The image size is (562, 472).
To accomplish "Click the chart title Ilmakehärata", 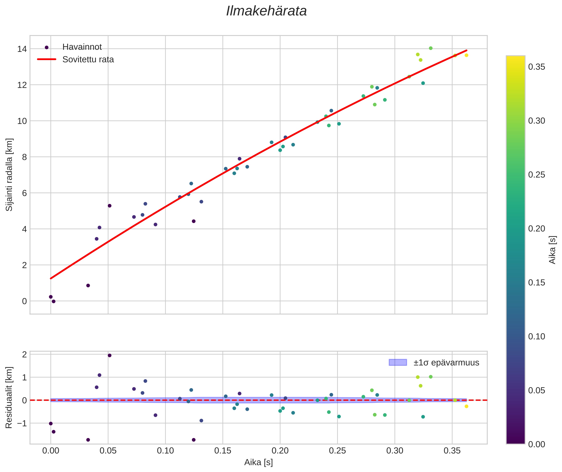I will pos(266,11).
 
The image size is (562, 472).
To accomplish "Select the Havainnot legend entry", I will pos(82,47).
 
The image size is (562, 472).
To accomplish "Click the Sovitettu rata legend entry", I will pos(88,59).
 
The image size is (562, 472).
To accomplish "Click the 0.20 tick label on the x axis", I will pos(280,451).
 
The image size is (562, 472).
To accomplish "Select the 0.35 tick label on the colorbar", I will pos(536,67).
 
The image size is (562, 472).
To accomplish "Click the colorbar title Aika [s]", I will pos(552,250).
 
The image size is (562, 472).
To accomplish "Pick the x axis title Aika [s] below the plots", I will pos(258,462).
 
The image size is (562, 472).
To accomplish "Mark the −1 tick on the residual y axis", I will pos(22,423).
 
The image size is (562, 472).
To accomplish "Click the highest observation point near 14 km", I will pos(431,48).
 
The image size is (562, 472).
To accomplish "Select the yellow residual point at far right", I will pos(466,406).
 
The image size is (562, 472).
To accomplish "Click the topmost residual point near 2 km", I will pos(110,355).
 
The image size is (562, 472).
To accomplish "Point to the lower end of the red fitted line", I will pos(51,278).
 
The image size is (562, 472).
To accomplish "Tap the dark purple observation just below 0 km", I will pos(54,302).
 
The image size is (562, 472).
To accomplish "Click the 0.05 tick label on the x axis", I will pos(108,451).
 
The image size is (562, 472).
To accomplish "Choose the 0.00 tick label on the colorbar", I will pos(536,444).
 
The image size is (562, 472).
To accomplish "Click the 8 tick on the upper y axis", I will pos(24,157).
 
